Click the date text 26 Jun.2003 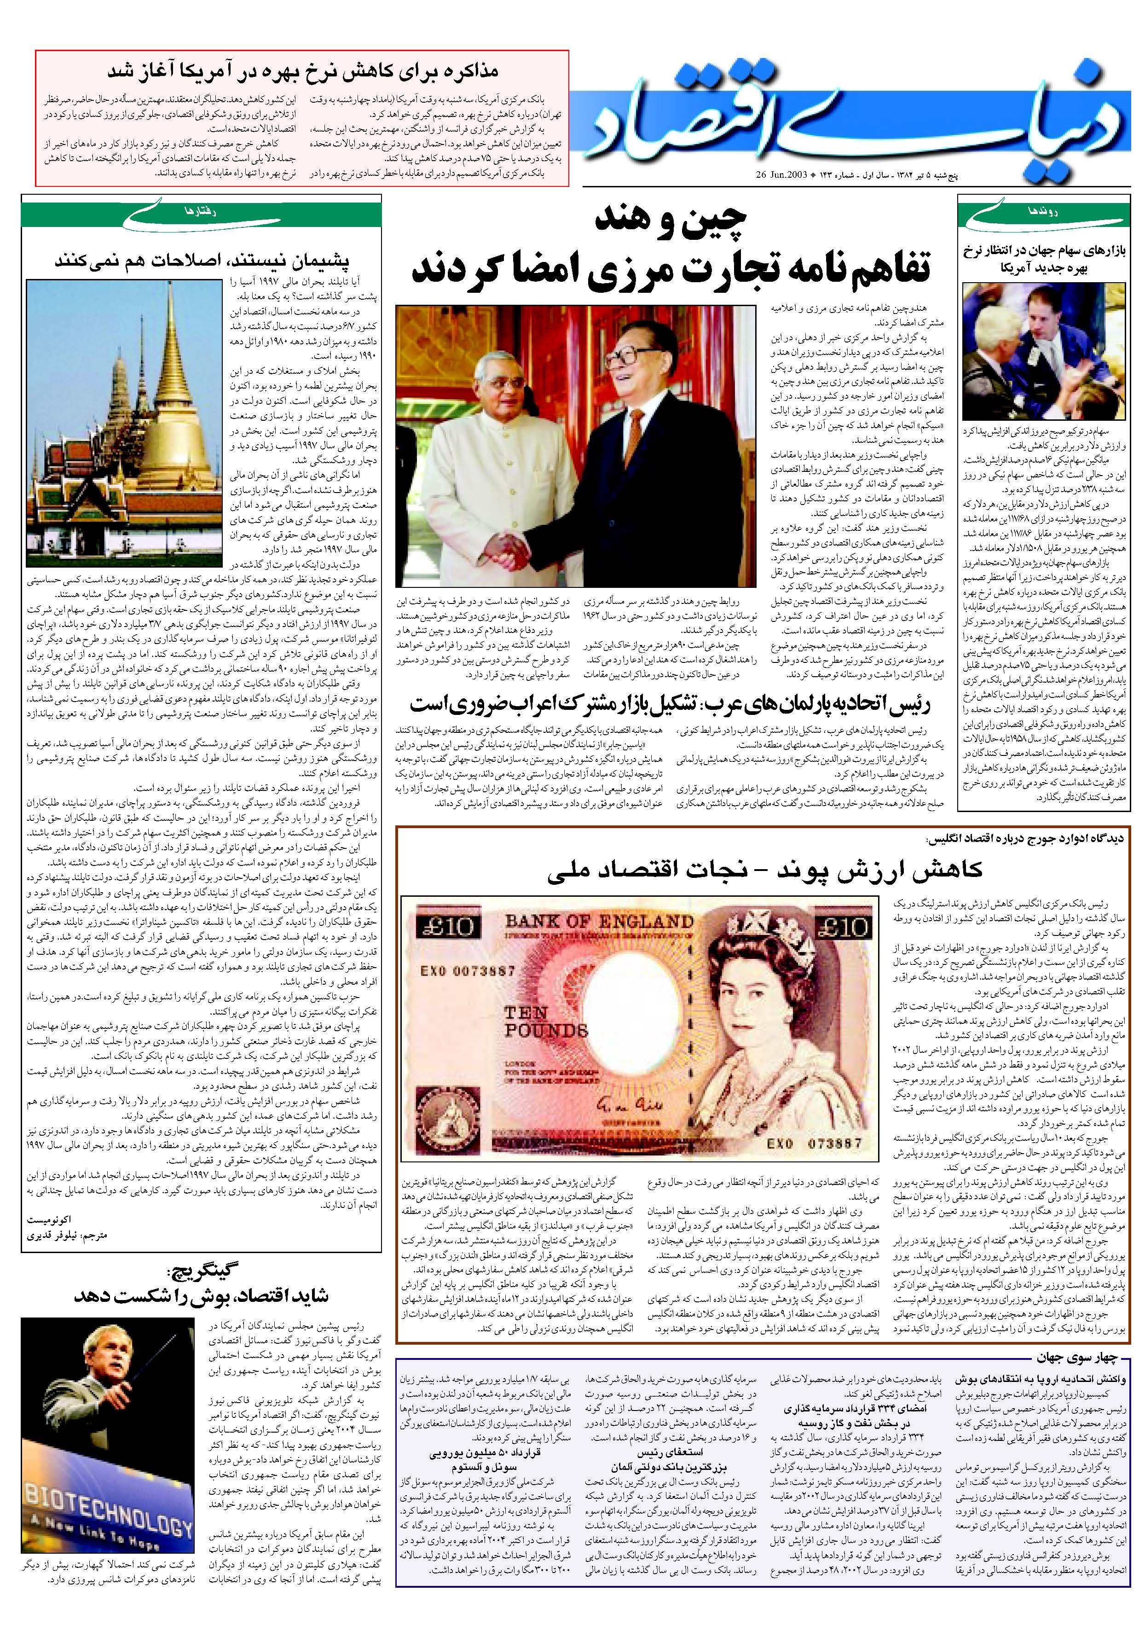coord(791,174)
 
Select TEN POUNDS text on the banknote coord(545,1021)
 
